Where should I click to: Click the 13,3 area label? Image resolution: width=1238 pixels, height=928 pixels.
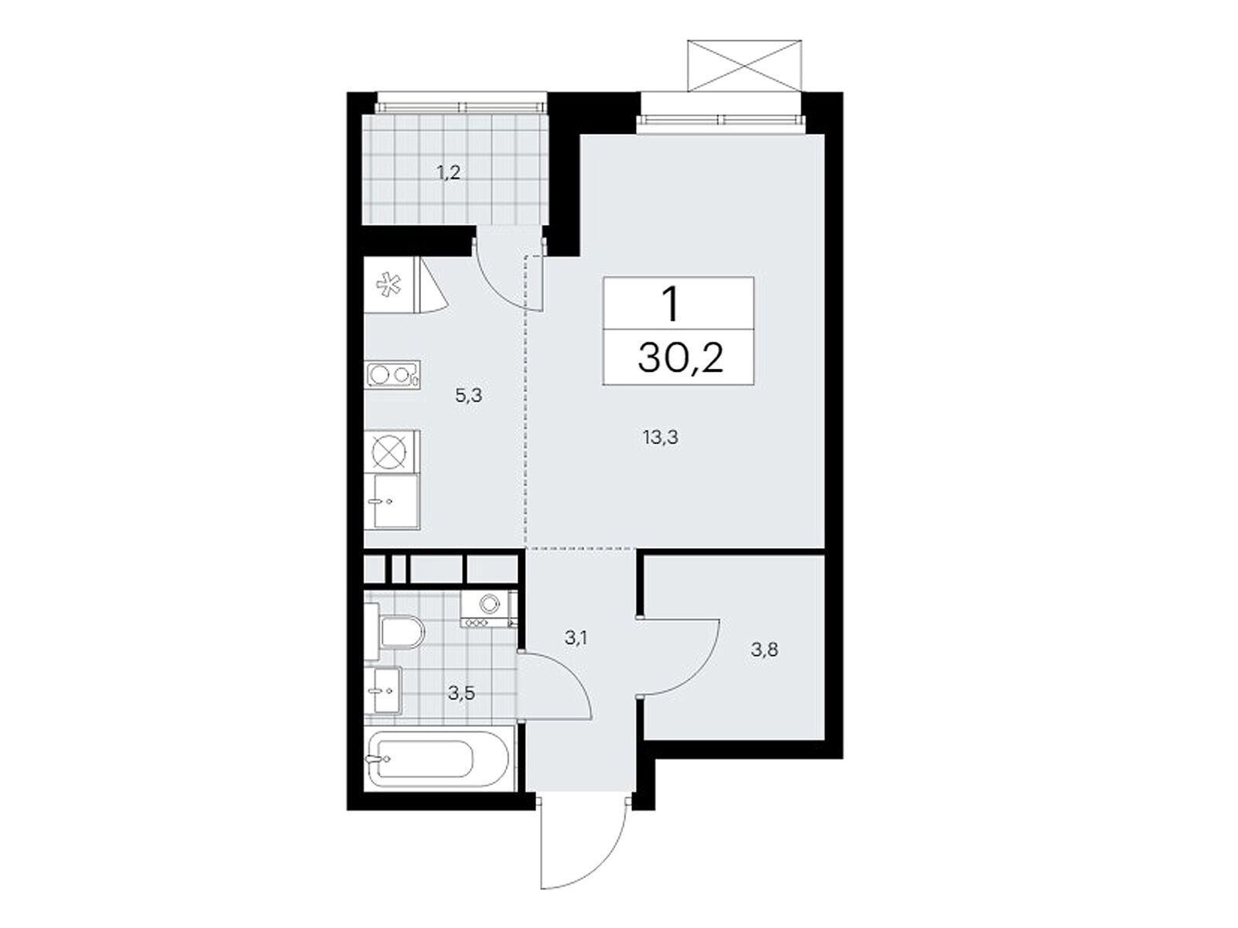click(660, 437)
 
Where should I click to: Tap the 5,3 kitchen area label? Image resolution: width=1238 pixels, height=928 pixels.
click(469, 395)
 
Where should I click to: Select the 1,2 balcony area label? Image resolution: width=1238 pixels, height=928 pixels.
click(448, 172)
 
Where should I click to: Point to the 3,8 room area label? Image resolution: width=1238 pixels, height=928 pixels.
click(764, 650)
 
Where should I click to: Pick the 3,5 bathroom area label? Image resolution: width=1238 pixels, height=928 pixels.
click(461, 693)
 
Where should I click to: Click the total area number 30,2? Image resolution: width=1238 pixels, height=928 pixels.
click(680, 358)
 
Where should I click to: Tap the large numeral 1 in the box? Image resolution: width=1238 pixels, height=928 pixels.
click(671, 304)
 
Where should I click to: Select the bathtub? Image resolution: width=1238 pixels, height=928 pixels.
click(439, 758)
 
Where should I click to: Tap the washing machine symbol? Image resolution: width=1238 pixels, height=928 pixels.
click(488, 609)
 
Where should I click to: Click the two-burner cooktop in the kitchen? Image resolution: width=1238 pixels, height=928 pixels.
click(393, 374)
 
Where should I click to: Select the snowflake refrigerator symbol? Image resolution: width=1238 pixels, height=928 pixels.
click(389, 285)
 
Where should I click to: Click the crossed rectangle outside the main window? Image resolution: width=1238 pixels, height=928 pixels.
click(744, 66)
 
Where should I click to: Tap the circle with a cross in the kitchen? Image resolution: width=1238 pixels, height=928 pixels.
click(389, 452)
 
